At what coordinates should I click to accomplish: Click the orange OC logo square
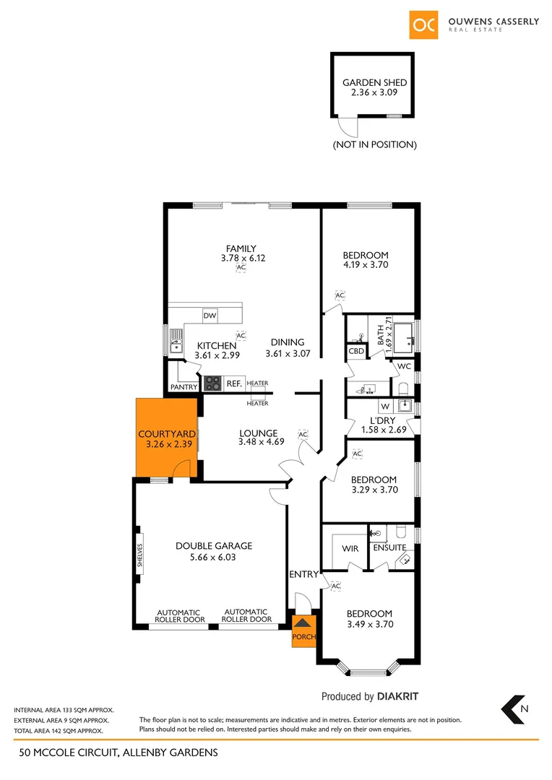[x=424, y=25]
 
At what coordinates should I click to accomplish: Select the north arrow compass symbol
[x=515, y=709]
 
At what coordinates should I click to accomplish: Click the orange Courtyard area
[x=167, y=438]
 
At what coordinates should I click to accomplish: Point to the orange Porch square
[x=303, y=630]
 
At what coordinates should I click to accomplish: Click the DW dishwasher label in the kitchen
[x=210, y=316]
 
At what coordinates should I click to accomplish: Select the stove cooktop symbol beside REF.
[x=213, y=383]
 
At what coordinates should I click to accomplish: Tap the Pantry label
[x=184, y=388]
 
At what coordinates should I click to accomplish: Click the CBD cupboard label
[x=356, y=351]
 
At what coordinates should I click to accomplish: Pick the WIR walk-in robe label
[x=350, y=549]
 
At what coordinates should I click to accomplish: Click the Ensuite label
[x=389, y=548]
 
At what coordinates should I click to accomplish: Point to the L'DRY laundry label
[x=382, y=420]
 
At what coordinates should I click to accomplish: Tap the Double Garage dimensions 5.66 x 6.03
[x=212, y=558]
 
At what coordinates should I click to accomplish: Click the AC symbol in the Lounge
[x=303, y=435]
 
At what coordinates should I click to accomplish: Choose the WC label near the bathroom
[x=404, y=366]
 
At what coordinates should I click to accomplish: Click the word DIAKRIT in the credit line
[x=397, y=697]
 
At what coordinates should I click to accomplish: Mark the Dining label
[x=288, y=342]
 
